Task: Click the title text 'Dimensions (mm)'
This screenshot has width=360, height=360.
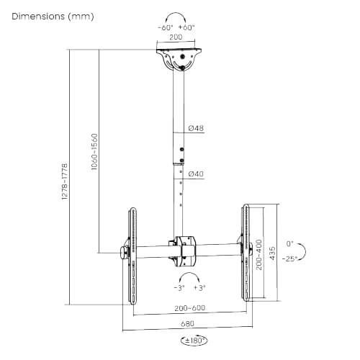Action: tap(53, 15)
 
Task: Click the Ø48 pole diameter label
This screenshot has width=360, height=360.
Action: tap(196, 128)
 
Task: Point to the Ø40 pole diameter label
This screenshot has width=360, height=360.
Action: tap(196, 174)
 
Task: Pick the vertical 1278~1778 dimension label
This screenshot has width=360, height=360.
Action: tap(65, 181)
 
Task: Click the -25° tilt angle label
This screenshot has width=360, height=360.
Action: tap(291, 257)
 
